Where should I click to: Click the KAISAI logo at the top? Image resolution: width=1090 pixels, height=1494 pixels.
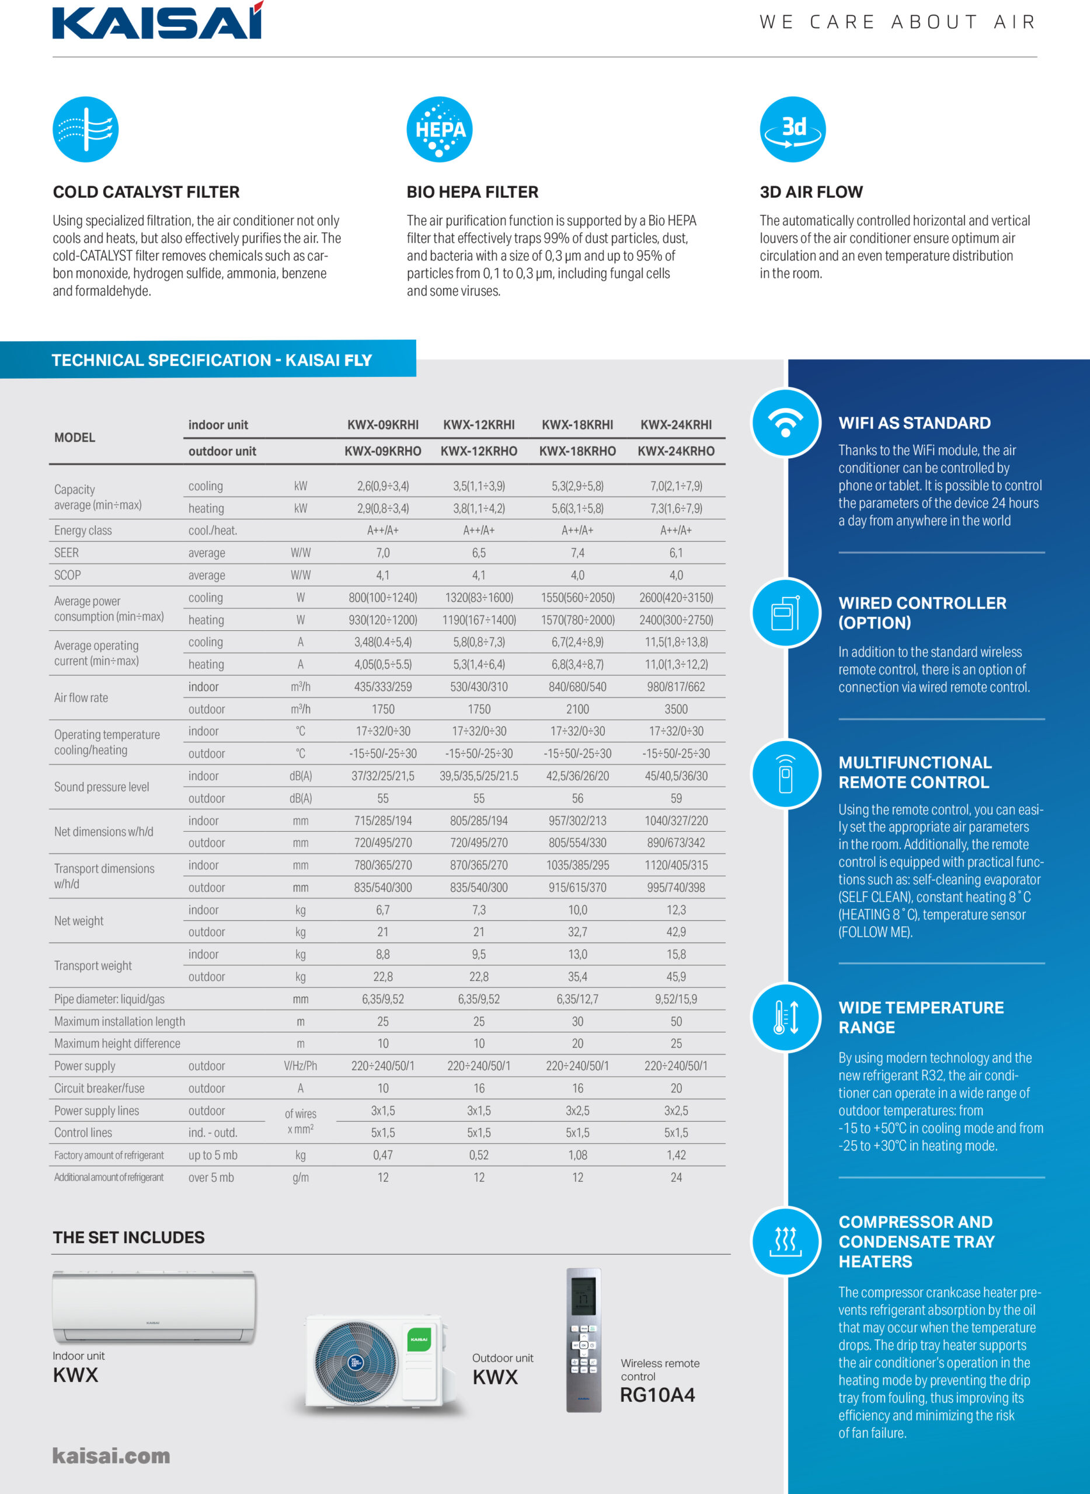(x=158, y=20)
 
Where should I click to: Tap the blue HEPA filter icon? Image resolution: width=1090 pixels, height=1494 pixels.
(x=440, y=130)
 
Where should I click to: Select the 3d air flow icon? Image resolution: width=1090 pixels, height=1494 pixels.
(x=792, y=130)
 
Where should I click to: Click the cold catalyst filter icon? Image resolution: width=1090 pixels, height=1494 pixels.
(x=86, y=130)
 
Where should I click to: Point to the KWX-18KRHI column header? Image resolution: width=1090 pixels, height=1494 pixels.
(x=577, y=425)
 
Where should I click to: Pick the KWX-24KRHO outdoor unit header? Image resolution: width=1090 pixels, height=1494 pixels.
(x=675, y=451)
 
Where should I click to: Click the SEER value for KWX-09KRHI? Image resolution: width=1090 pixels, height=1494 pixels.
(x=382, y=553)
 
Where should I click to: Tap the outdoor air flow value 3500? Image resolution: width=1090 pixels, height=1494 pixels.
(x=675, y=709)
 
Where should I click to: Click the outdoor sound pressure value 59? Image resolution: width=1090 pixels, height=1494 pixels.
(x=675, y=798)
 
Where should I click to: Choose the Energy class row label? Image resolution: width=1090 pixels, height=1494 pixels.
(x=83, y=530)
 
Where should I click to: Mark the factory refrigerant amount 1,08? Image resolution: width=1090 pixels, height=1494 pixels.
(x=577, y=1155)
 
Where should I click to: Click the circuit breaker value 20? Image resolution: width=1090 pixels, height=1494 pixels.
(x=675, y=1088)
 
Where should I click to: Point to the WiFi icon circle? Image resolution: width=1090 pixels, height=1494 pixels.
(x=786, y=423)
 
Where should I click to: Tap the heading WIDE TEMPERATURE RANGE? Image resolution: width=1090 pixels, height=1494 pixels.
(x=921, y=1017)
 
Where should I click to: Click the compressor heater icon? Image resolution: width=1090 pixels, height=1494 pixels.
(x=786, y=1241)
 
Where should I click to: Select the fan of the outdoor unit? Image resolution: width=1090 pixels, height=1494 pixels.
(x=356, y=1362)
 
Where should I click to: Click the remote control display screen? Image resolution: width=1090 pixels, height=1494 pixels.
(x=583, y=1296)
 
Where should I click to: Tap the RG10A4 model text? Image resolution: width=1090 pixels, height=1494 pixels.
(x=657, y=1395)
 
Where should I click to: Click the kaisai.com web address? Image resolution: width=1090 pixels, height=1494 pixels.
(x=111, y=1455)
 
